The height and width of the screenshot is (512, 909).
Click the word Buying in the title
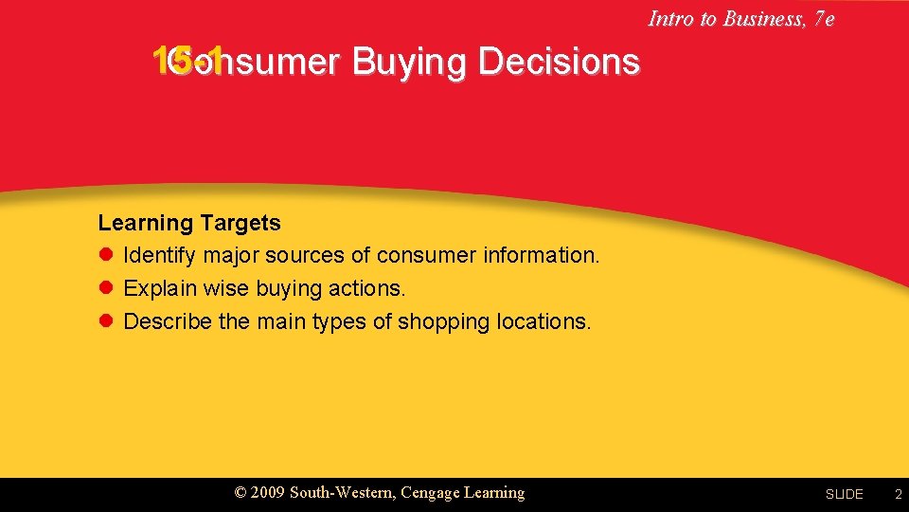pyautogui.click(x=410, y=63)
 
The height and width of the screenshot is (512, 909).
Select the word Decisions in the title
pyautogui.click(x=559, y=62)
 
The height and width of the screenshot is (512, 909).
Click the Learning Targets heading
pyautogui.click(x=189, y=224)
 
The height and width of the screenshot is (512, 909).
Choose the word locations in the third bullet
pyautogui.click(x=543, y=321)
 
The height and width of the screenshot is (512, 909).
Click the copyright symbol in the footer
pyautogui.click(x=241, y=493)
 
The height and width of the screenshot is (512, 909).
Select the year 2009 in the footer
pyautogui.click(x=268, y=493)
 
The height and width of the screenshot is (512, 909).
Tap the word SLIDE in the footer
pyautogui.click(x=844, y=494)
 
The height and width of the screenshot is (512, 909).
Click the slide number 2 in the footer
pyautogui.click(x=899, y=494)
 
